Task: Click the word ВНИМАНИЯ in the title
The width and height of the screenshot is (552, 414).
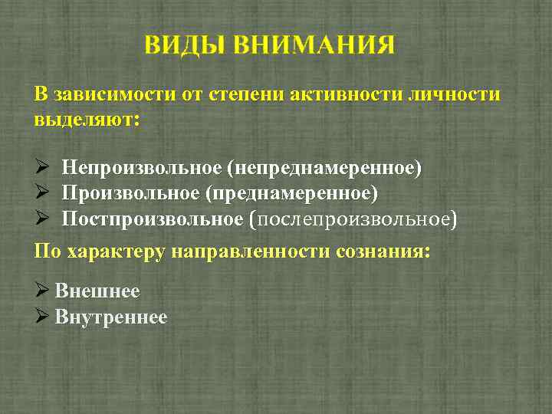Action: [314, 44]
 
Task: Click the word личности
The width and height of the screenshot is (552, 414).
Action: [456, 95]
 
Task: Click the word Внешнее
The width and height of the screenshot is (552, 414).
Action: [97, 291]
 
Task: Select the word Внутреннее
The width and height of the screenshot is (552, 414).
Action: [111, 317]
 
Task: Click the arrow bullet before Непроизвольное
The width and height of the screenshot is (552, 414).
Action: [43, 167]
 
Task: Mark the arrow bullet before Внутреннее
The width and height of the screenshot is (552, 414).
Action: [43, 317]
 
